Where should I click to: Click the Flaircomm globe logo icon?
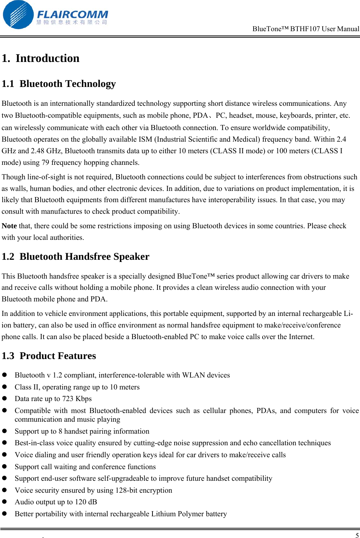click(x=18, y=15)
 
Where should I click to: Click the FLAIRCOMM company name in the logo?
click(x=72, y=14)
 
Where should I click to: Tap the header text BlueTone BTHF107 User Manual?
click(x=306, y=29)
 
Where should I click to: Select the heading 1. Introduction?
click(x=41, y=58)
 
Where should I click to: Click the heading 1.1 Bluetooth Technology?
click(x=59, y=84)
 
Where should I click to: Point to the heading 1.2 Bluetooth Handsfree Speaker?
click(x=75, y=257)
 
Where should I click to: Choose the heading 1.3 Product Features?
click(x=49, y=356)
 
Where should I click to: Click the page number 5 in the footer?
click(x=357, y=535)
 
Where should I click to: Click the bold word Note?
click(x=9, y=226)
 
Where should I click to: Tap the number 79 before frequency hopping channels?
click(x=45, y=162)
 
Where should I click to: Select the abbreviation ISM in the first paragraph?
click(x=145, y=139)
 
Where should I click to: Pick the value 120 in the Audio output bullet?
click(x=80, y=502)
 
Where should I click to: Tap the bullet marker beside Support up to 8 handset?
click(x=5, y=431)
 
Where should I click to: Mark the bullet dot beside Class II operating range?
click(x=5, y=387)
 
